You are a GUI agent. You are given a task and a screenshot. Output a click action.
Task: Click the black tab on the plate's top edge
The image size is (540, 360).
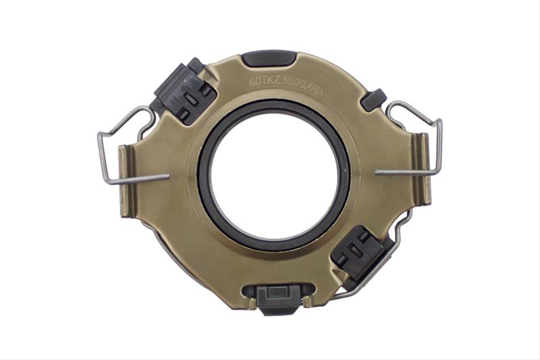[268, 58]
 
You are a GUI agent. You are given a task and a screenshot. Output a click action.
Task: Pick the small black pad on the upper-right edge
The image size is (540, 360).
[373, 99]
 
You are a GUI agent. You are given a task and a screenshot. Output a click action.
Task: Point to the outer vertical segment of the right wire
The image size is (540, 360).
[440, 145]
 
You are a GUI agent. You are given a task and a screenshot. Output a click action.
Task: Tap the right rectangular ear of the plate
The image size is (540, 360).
[423, 169]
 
